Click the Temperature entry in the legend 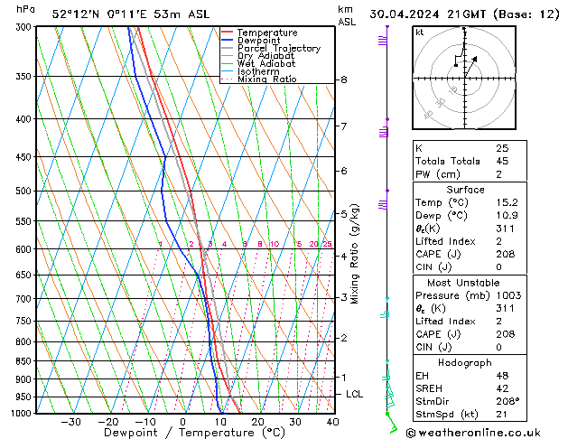click(266, 33)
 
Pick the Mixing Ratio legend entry click(266, 79)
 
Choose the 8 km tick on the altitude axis click(344, 79)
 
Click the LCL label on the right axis click(355, 395)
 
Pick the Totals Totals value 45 click(503, 161)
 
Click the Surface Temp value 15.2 click(506, 202)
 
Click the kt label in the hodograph click(420, 33)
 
